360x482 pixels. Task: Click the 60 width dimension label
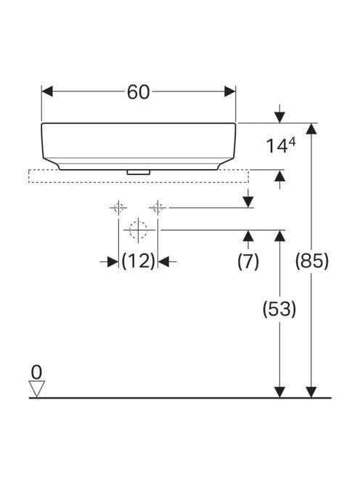pyautogui.click(x=139, y=91)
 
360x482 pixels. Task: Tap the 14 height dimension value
pyautogui.click(x=277, y=146)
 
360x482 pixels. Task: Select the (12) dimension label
pyautogui.click(x=138, y=261)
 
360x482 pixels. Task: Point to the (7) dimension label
pyautogui.click(x=248, y=261)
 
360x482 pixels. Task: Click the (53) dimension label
pyautogui.click(x=279, y=309)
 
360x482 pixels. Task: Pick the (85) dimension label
pyautogui.click(x=311, y=261)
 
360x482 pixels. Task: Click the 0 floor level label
pyautogui.click(x=36, y=372)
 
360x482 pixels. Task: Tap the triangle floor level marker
pyautogui.click(x=36, y=389)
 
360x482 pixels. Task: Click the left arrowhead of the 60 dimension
pyautogui.click(x=47, y=91)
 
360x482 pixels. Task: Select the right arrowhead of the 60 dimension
pyautogui.click(x=230, y=91)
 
